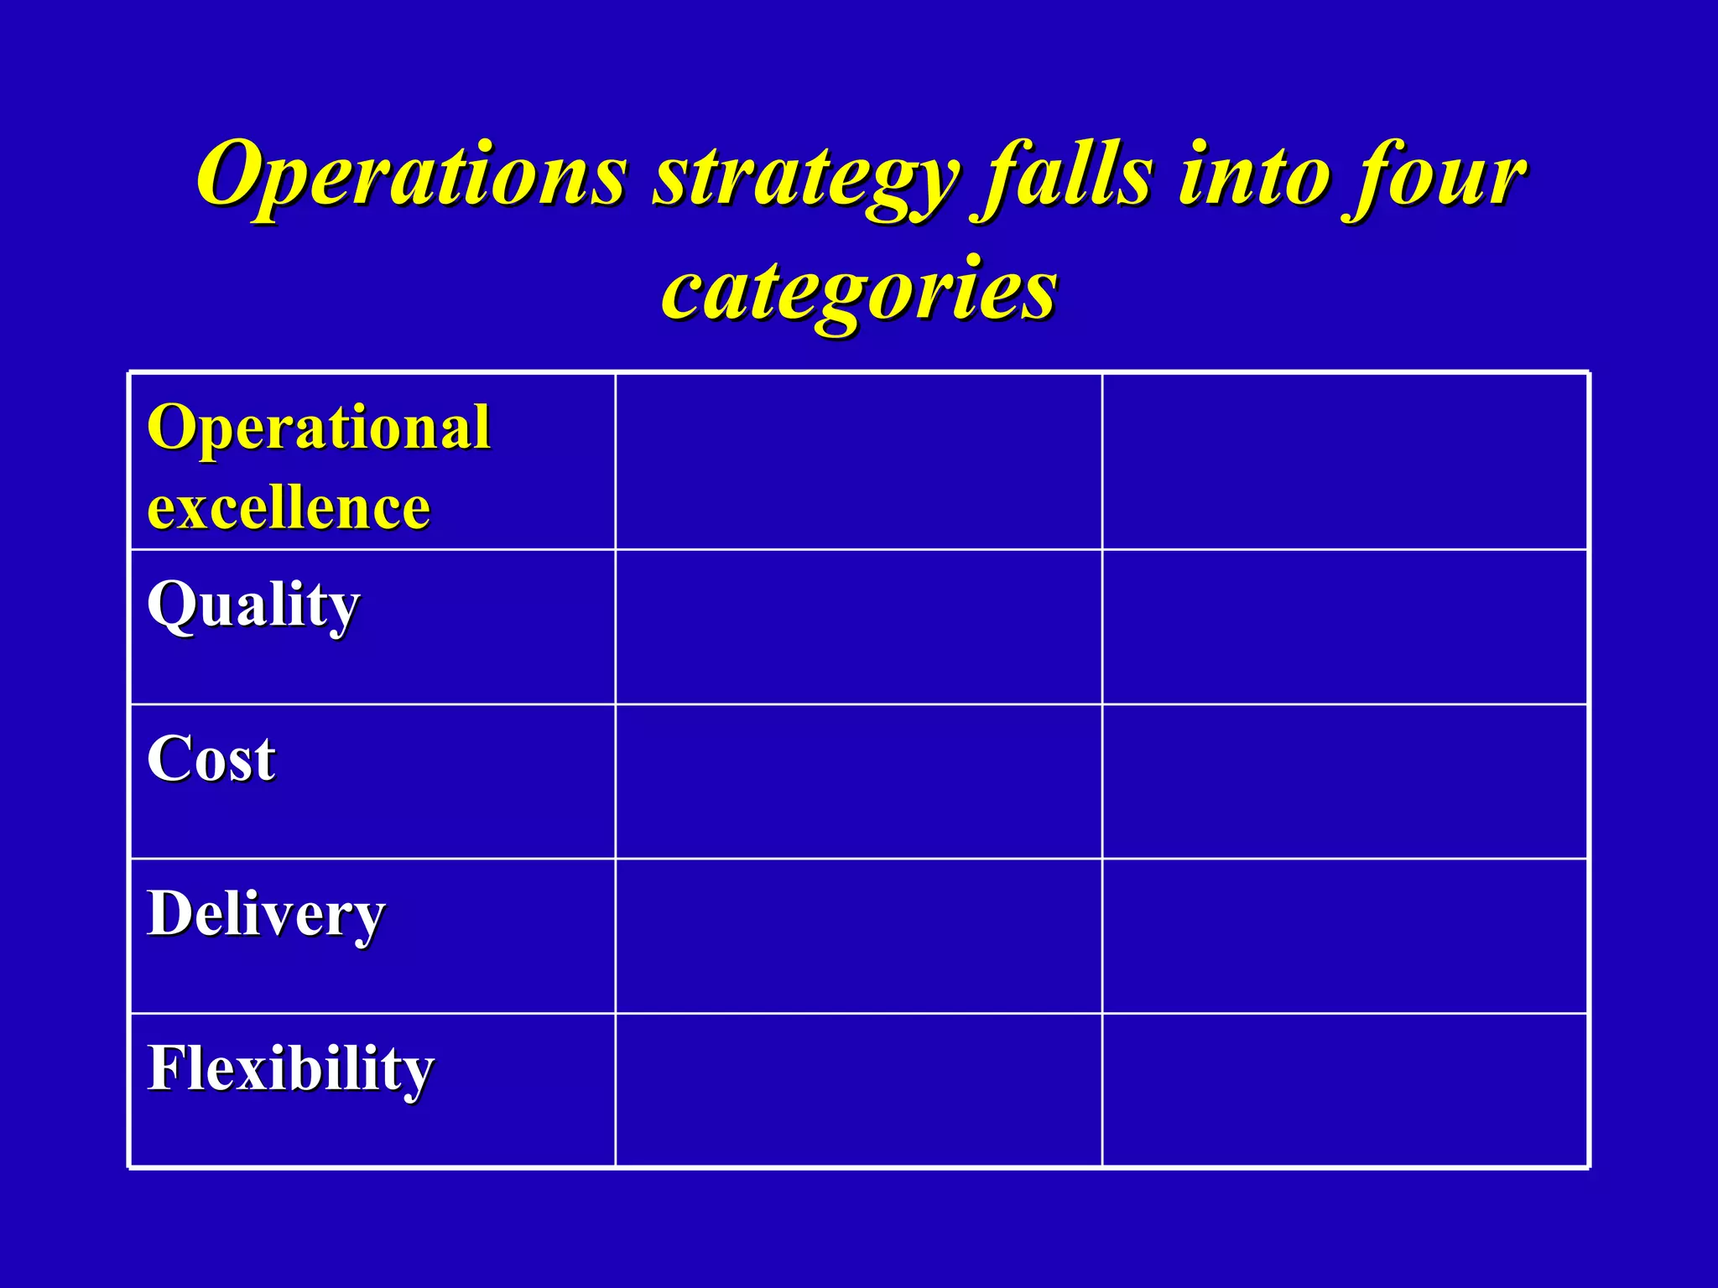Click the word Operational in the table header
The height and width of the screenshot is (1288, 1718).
[319, 428]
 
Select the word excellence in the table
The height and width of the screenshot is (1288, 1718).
[289, 507]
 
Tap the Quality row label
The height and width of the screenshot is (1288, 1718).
[253, 605]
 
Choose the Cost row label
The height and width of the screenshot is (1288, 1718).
[211, 760]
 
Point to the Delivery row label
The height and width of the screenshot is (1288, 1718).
[266, 914]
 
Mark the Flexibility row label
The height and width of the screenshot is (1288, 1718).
[290, 1069]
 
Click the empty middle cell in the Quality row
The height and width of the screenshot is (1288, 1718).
[858, 627]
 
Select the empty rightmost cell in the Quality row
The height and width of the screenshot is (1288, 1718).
[1345, 627]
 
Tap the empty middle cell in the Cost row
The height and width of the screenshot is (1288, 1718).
[858, 782]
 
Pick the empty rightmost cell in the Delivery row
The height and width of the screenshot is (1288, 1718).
[1345, 936]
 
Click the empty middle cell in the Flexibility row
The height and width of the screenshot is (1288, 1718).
[858, 1090]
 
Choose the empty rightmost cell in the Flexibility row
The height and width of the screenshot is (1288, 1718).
[1345, 1090]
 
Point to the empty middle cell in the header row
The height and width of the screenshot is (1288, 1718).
[858, 462]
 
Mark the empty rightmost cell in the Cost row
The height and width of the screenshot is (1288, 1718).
[1345, 782]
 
